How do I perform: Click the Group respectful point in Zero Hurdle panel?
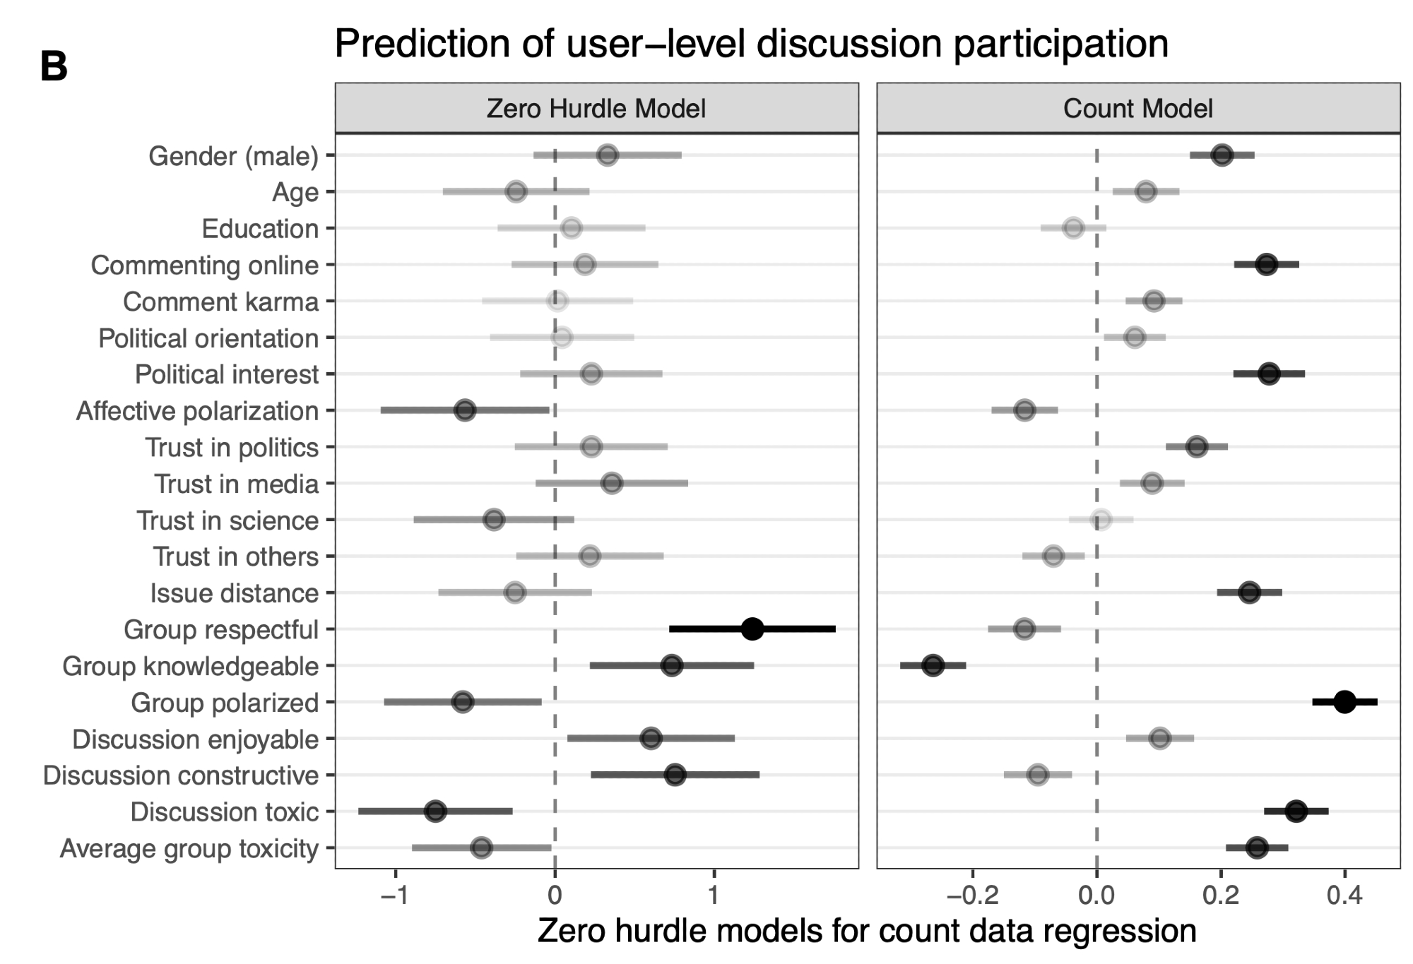[752, 629]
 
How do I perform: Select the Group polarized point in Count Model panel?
[1344, 702]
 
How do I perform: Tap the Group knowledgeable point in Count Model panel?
[933, 665]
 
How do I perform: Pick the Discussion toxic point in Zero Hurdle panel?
[436, 811]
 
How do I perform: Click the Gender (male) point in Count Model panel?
[1222, 155]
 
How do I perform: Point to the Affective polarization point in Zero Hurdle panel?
[465, 410]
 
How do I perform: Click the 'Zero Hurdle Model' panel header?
[596, 109]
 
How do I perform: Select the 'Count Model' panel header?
[1137, 109]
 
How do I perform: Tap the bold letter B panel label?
[54, 68]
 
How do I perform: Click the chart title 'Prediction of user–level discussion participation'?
[751, 44]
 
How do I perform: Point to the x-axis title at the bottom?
[867, 931]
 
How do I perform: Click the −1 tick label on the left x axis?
[394, 896]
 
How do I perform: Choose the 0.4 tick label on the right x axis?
[1344, 896]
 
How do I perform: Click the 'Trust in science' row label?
[227, 520]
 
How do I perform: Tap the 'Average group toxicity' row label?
[189, 848]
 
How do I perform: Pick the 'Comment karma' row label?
[220, 302]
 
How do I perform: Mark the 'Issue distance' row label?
[234, 593]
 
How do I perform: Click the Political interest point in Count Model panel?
[1269, 374]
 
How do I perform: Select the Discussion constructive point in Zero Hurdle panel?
[675, 775]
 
